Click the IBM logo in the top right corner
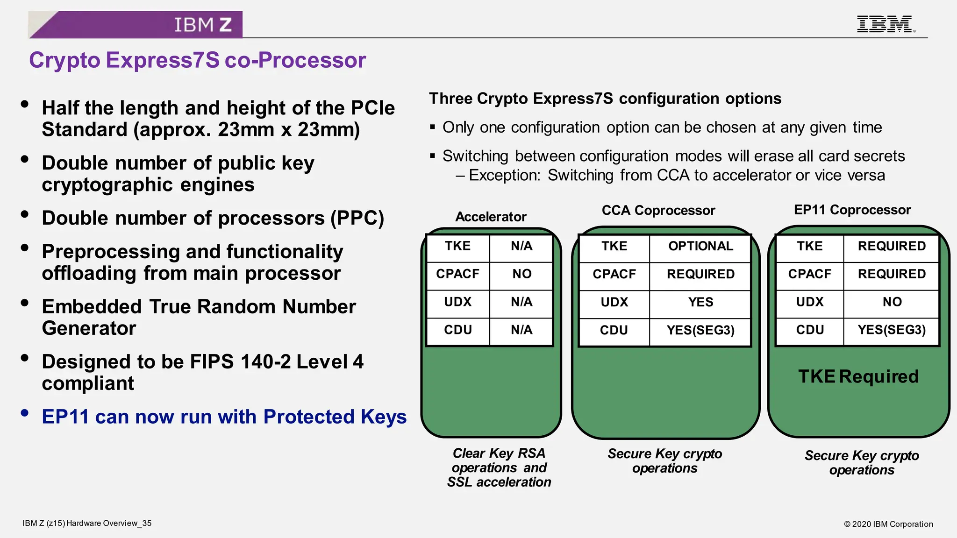coord(885,24)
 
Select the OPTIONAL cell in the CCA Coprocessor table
coord(700,246)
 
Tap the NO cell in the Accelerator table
coord(521,274)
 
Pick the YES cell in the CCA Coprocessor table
coord(700,302)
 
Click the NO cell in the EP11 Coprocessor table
coord(892,302)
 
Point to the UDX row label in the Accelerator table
coord(457,302)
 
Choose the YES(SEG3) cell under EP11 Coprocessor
coord(891,330)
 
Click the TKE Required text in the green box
coord(858,376)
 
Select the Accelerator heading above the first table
coord(491,217)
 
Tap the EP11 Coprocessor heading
coord(852,210)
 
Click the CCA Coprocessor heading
coord(658,211)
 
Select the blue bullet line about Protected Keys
coord(224,417)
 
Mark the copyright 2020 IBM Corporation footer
coord(888,524)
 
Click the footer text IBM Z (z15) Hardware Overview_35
coord(87,523)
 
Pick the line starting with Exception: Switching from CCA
coord(676,176)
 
